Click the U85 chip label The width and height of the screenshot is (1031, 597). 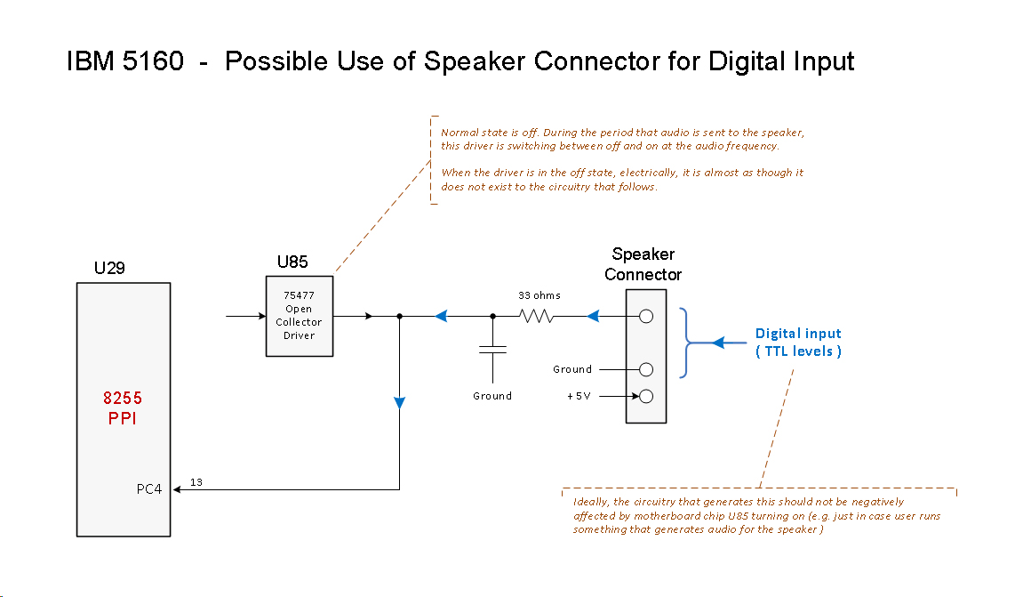tap(292, 262)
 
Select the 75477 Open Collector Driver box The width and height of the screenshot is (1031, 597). tap(300, 316)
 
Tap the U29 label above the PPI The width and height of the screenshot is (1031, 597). tap(109, 268)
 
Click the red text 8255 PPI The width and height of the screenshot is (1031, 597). tap(123, 409)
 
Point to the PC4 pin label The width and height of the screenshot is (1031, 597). tap(148, 489)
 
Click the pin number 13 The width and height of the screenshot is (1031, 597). tap(196, 481)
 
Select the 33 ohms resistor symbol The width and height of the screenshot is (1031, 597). tap(537, 316)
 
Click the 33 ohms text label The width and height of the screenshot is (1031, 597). tap(539, 295)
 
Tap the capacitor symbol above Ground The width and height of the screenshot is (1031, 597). tap(493, 351)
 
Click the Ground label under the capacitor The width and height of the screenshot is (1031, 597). tap(492, 396)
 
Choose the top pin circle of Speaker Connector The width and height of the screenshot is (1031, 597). tap(646, 316)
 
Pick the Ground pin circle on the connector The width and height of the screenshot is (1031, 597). tap(646, 369)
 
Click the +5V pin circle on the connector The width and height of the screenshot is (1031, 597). tap(646, 396)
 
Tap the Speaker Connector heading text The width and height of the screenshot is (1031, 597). tap(643, 264)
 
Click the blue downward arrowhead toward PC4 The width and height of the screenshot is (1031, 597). tap(400, 403)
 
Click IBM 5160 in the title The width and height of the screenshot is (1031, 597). tap(125, 61)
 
